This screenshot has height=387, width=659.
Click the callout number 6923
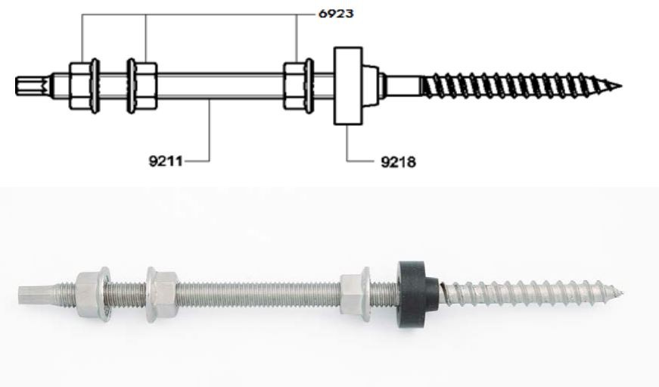click(336, 14)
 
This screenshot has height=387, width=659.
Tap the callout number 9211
click(166, 161)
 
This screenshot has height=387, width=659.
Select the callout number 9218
click(398, 161)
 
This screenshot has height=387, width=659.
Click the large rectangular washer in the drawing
click(348, 86)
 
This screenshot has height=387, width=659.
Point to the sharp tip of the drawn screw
click(622, 86)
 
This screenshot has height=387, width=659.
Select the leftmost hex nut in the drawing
click(84, 86)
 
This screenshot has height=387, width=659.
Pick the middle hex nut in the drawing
click(142, 86)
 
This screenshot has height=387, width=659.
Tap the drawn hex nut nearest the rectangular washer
click(298, 86)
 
